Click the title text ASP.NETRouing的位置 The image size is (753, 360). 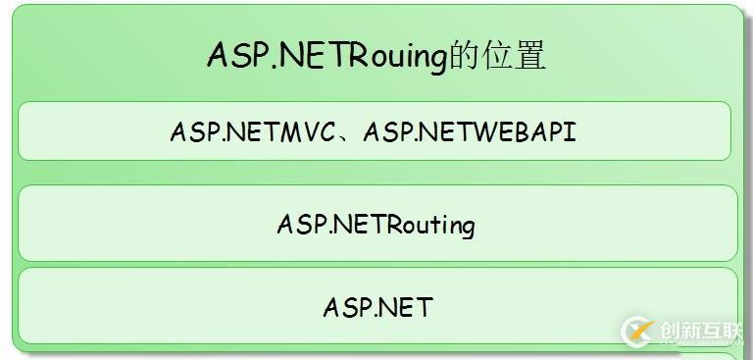coord(376,55)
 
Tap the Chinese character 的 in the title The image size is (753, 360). coord(463,56)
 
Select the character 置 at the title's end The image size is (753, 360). coord(529,56)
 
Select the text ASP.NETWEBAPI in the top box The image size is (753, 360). coord(470,132)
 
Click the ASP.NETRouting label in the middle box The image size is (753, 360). coord(376,225)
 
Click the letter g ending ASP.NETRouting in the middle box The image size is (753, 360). coord(468,228)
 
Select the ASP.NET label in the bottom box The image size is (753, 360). coord(376,307)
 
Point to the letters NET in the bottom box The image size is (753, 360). coord(404,307)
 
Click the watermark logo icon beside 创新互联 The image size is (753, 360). coord(638,332)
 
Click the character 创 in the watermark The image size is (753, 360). coord(672,332)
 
